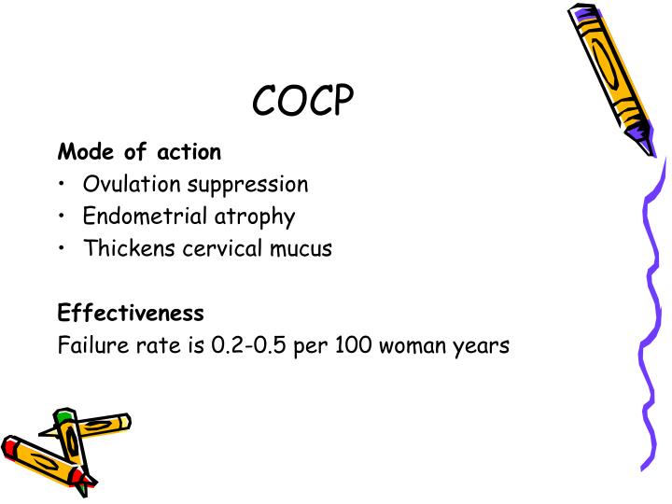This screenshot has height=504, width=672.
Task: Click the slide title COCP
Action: [x=304, y=102]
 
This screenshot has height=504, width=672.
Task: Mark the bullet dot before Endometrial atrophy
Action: [x=62, y=217]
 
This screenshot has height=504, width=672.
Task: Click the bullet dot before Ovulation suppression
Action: [x=62, y=185]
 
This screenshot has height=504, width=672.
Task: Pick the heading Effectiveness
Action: [x=131, y=312]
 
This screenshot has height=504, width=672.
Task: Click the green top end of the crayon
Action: [x=63, y=417]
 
